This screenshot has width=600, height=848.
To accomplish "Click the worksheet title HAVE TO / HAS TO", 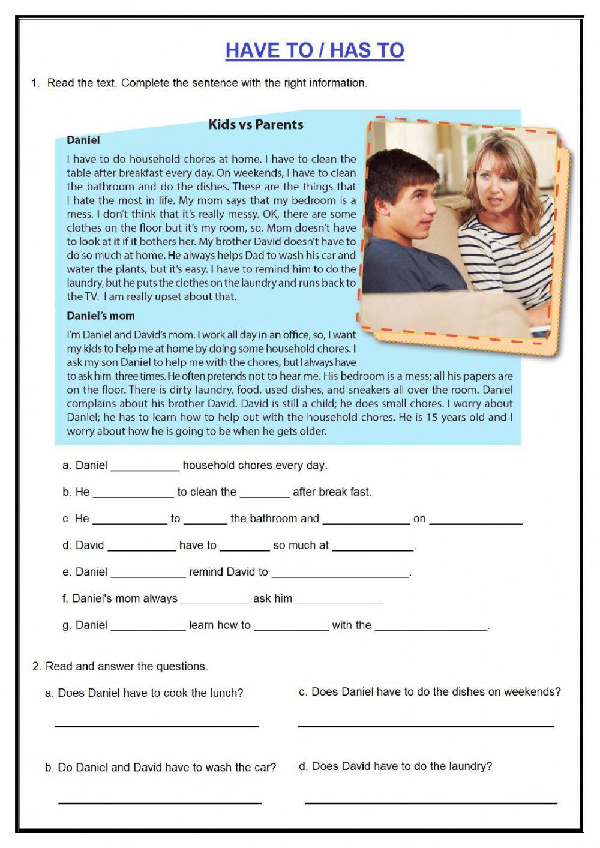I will coord(314,50).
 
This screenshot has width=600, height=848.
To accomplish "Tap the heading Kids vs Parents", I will coord(256,125).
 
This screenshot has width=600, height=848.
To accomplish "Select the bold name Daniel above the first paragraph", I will coord(83,140).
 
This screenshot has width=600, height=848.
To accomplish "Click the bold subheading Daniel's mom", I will coord(101,316).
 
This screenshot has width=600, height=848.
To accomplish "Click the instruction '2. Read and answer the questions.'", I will coord(120,666).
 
